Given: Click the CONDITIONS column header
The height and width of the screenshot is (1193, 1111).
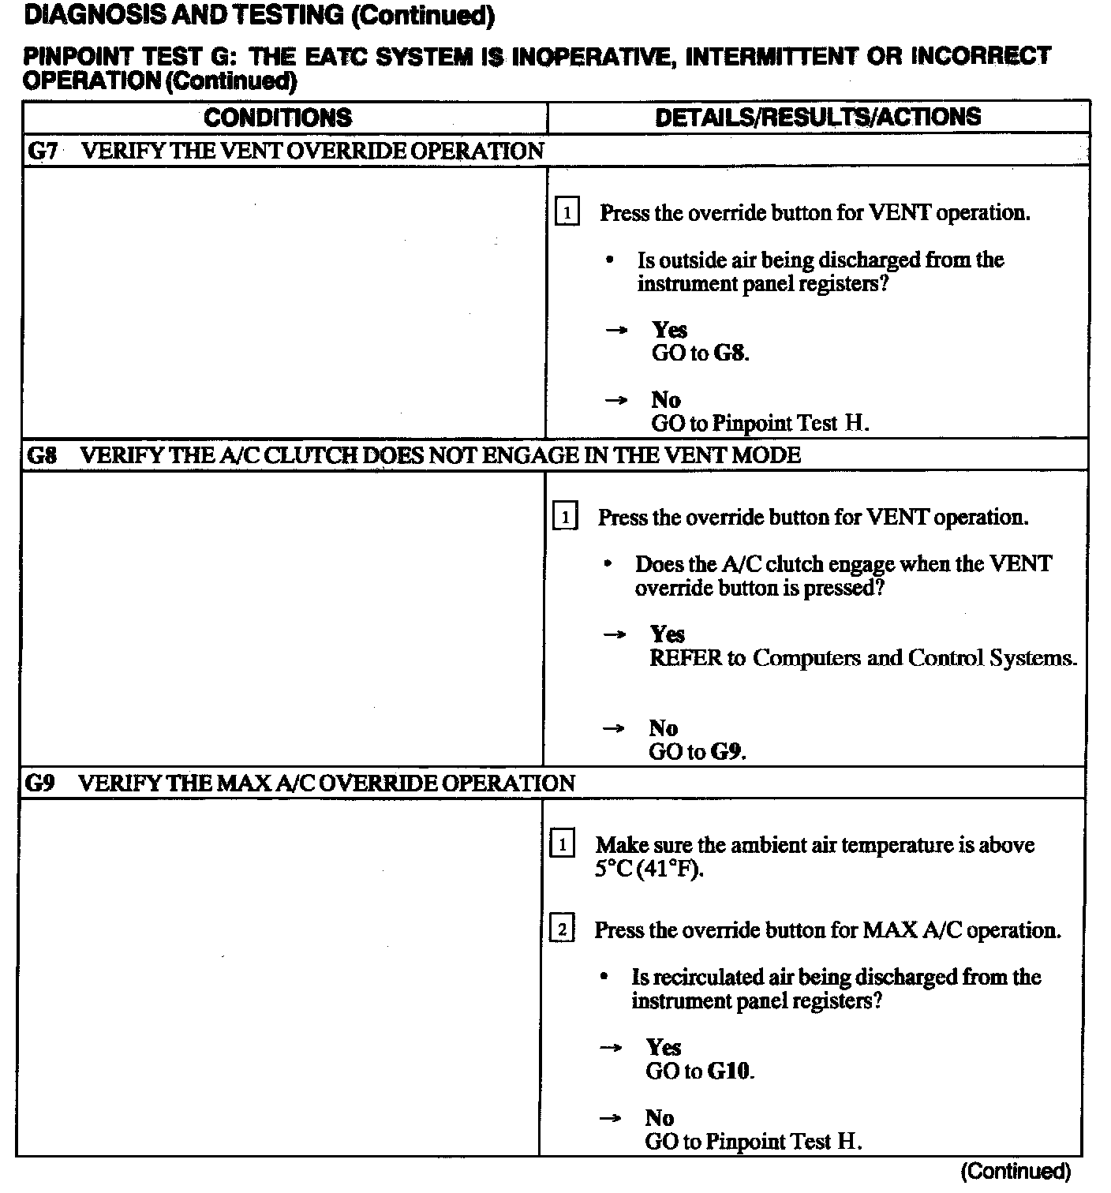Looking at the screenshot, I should pyautogui.click(x=278, y=118).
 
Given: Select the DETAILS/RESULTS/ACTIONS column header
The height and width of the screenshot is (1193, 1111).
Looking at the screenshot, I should pyautogui.click(x=818, y=117).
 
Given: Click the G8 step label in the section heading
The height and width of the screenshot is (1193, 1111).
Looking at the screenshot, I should pyautogui.click(x=42, y=455).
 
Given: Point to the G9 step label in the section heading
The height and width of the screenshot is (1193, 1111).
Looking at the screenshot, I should pyautogui.click(x=40, y=783).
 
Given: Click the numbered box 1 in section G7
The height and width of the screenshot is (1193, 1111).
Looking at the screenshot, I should pyautogui.click(x=567, y=213).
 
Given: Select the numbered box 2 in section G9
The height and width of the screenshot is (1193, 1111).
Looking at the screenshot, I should pyautogui.click(x=562, y=929).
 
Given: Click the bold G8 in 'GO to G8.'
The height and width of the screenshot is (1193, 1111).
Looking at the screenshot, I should pyautogui.click(x=730, y=353).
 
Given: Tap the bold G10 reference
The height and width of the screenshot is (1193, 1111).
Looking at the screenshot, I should pyautogui.click(x=730, y=1071).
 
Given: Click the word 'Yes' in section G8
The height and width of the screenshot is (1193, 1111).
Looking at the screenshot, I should pyautogui.click(x=668, y=634).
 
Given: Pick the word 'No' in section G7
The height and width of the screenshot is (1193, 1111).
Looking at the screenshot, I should pyautogui.click(x=666, y=399).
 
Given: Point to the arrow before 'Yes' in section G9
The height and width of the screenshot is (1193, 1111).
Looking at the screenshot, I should pyautogui.click(x=611, y=1048).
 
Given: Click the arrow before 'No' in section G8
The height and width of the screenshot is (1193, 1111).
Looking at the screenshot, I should pyautogui.click(x=613, y=728).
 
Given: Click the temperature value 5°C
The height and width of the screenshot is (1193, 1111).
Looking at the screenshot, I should pyautogui.click(x=614, y=870).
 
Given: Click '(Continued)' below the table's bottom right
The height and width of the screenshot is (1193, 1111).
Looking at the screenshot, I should pyautogui.click(x=1015, y=1172).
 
